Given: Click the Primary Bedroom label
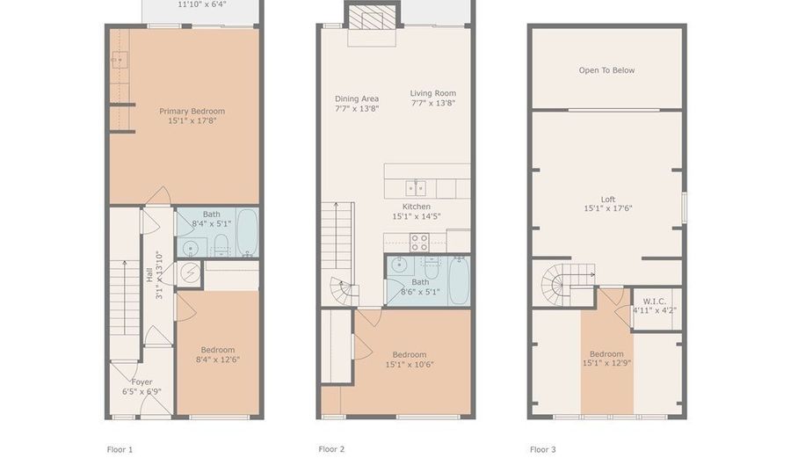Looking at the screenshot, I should pos(192,116).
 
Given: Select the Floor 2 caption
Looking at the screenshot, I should pos(331,449).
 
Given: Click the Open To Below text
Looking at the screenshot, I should pos(606,70).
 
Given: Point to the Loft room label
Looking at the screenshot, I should pos(606,203).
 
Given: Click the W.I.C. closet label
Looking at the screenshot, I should pos(654,305).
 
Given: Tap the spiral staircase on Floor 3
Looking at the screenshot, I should pos(558,284).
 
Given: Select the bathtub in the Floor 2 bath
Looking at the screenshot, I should pos(459,280).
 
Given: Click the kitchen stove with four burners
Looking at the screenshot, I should pos(419,242).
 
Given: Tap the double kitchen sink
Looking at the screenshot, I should pos(416,187).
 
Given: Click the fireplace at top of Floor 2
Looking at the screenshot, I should pos(366,18).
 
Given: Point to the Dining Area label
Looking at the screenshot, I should pos(357,104).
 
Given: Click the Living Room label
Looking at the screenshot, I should pos(432,98).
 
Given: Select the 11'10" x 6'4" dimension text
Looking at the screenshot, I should pos(200,4).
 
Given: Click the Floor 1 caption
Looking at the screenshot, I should pos(120,449).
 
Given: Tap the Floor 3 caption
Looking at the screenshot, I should pos(542,449).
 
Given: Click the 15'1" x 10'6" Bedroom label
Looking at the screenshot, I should pos(409,360).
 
